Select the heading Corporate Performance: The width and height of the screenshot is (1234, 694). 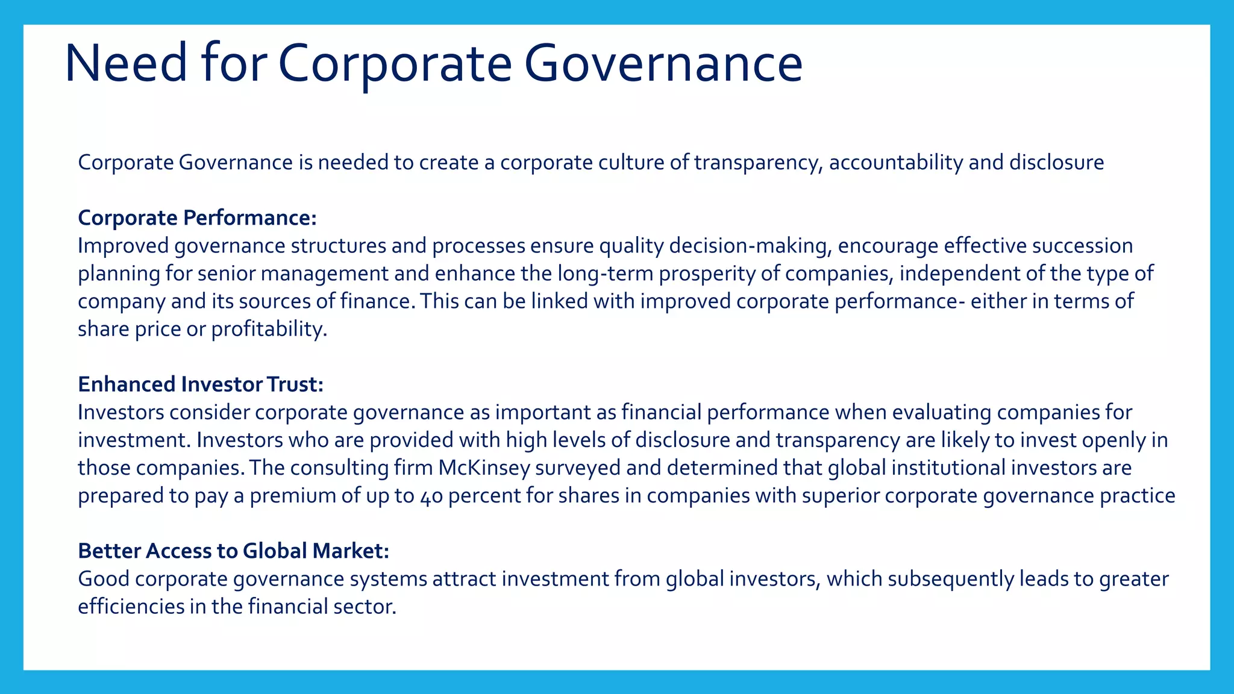(197, 217)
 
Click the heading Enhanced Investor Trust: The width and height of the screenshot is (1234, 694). (201, 384)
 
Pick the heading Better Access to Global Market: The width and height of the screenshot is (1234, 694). (233, 551)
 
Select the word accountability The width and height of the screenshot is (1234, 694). (896, 162)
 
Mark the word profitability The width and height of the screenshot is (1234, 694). (269, 329)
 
